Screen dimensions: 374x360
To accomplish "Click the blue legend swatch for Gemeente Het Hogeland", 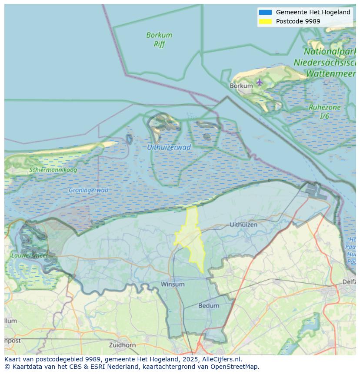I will click(x=265, y=12).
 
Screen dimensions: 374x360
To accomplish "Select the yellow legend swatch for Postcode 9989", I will click(x=265, y=21).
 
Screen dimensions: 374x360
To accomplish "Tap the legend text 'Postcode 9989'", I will click(x=298, y=21).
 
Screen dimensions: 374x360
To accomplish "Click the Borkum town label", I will click(x=241, y=86).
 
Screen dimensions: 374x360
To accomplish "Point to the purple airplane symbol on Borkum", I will click(x=260, y=82).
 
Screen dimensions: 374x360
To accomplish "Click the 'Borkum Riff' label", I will click(x=159, y=40).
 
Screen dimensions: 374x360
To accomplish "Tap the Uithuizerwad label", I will click(x=169, y=147).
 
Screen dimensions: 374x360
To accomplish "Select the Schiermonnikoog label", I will click(x=53, y=170).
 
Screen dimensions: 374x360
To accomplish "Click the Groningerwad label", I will click(x=88, y=190).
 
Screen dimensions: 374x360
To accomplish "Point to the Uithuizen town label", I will click(x=243, y=225).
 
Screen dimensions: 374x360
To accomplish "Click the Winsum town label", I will click(x=173, y=284).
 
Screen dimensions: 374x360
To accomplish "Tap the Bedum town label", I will click(x=209, y=306).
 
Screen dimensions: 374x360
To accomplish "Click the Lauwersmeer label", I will click(x=30, y=256).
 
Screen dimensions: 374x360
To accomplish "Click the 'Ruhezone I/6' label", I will click(x=324, y=112).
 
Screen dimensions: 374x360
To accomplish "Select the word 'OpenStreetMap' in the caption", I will click(x=236, y=367).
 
